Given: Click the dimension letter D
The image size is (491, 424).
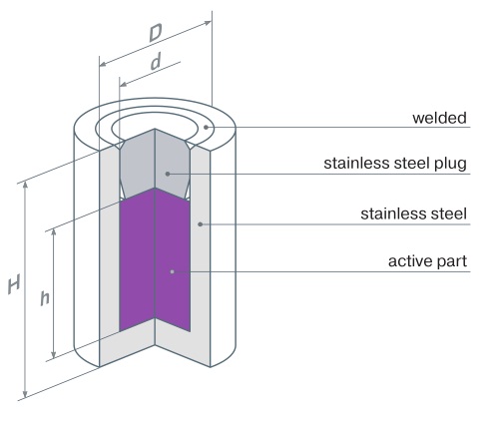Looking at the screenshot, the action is coord(156,33).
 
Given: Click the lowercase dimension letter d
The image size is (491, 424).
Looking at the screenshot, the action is coord(156,62).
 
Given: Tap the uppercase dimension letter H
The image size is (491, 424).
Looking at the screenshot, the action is coord(14,284).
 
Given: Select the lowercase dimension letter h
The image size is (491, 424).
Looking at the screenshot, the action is coord(45,298).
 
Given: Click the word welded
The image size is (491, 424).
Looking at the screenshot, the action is coord(439,118).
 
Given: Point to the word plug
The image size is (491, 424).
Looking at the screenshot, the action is coord(450,164).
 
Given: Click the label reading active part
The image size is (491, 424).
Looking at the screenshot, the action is coord(427,261).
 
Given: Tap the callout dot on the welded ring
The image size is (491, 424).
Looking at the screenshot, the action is coord(207,127).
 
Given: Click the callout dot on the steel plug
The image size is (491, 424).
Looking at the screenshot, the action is coord(168,174).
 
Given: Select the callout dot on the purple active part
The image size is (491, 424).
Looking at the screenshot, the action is coord(172,271).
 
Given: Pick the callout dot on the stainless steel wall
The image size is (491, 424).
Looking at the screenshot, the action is coord(200,224).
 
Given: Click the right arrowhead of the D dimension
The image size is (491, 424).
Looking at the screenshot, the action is coord(208,23).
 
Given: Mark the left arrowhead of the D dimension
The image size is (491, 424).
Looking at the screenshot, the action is coord(103,64).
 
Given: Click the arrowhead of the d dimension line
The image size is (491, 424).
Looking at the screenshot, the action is coord(124,84).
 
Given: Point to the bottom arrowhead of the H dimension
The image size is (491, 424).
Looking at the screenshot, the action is coord(25,394).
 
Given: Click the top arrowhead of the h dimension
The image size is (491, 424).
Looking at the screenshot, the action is coord(54,231).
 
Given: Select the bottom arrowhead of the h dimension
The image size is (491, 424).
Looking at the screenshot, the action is coord(54,355).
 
